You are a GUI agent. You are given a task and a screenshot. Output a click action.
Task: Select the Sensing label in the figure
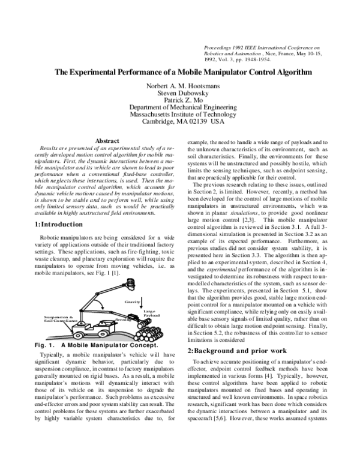tap(122, 319)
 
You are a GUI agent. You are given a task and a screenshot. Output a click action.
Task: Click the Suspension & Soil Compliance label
tap(58, 318)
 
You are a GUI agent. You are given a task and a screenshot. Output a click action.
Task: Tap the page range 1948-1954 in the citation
tap(254, 59)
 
